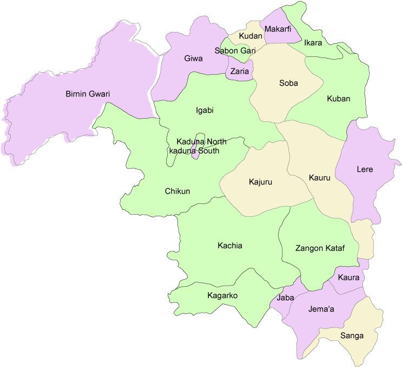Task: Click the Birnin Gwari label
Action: [88, 94]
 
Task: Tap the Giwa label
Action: [193, 58]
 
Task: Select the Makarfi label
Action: [278, 29]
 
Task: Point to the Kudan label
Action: [251, 36]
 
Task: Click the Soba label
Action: [288, 83]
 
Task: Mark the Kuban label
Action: [339, 99]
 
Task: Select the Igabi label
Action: [205, 111]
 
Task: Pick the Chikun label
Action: [177, 191]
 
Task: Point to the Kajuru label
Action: [260, 182]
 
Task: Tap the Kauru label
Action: [319, 177]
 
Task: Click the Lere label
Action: [365, 169]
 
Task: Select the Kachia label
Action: [230, 246]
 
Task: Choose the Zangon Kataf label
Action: [320, 248]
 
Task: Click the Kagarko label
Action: [222, 295]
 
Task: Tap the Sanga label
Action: [352, 336]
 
